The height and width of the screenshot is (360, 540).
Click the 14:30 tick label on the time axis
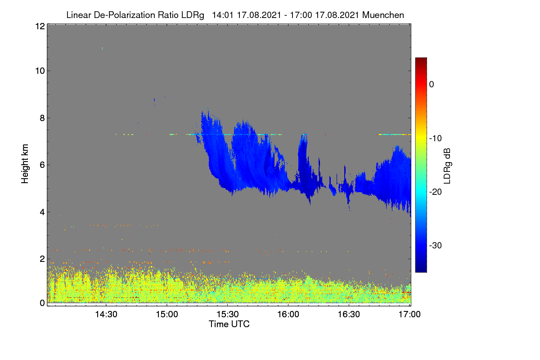pos(106,315)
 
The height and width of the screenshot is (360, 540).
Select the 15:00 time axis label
pos(167,315)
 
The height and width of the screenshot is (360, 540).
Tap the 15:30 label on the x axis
pos(228,315)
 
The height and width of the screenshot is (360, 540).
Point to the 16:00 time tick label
pos(288,315)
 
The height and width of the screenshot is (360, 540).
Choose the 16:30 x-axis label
pos(349,315)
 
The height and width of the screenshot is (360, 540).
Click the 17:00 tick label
pos(409,315)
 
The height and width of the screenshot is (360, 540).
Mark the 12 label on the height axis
pos(40,26)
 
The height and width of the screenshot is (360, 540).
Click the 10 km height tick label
pos(40,71)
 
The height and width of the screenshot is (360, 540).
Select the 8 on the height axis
pos(42,118)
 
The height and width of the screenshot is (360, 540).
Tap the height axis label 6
pos(42,165)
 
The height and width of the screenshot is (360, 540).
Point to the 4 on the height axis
pos(42,212)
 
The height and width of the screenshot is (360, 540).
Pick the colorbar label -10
pos(436,139)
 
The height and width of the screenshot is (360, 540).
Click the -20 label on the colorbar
pos(436,192)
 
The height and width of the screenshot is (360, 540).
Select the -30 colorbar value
pos(436,245)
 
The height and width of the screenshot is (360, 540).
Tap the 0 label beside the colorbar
pos(432,85)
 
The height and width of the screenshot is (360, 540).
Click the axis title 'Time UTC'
pos(229,324)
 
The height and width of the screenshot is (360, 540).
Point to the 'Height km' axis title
pos(25,164)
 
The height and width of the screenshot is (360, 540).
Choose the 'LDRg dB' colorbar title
pos(447,166)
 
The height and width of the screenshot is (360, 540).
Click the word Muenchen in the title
pos(383,15)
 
